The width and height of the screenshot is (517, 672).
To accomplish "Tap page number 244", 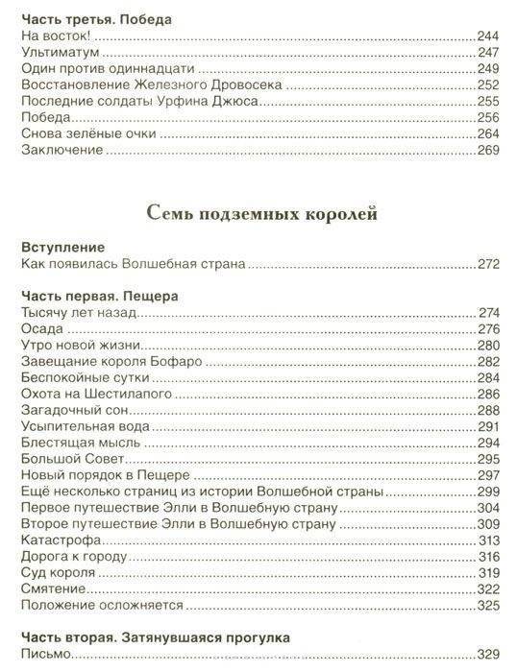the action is click(x=487, y=36).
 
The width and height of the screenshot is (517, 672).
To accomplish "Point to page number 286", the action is click(x=487, y=395).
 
